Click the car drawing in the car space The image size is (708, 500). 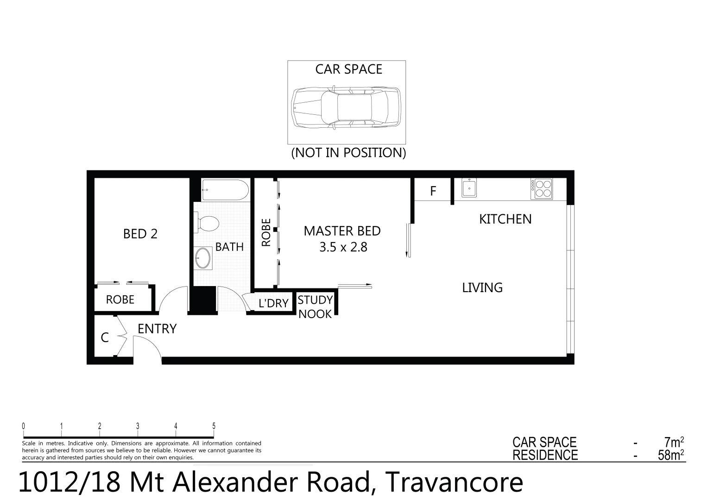(346, 107)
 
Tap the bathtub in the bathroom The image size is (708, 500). (226, 190)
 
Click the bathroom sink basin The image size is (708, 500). (203, 258)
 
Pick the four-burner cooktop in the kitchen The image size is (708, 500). (541, 189)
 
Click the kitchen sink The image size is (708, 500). (469, 188)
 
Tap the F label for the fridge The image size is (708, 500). (433, 191)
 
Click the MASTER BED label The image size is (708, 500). (342, 231)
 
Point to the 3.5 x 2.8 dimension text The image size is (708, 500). (343, 247)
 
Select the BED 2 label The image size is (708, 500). (140, 234)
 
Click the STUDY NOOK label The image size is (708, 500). (315, 307)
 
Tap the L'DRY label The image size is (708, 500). (273, 303)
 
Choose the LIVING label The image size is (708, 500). (482, 287)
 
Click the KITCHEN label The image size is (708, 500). (505, 219)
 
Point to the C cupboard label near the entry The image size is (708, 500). (105, 338)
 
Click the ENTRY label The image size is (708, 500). (157, 329)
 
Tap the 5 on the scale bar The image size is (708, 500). (214, 426)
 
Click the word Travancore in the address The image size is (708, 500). (454, 482)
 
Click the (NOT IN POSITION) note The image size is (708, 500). (348, 152)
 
